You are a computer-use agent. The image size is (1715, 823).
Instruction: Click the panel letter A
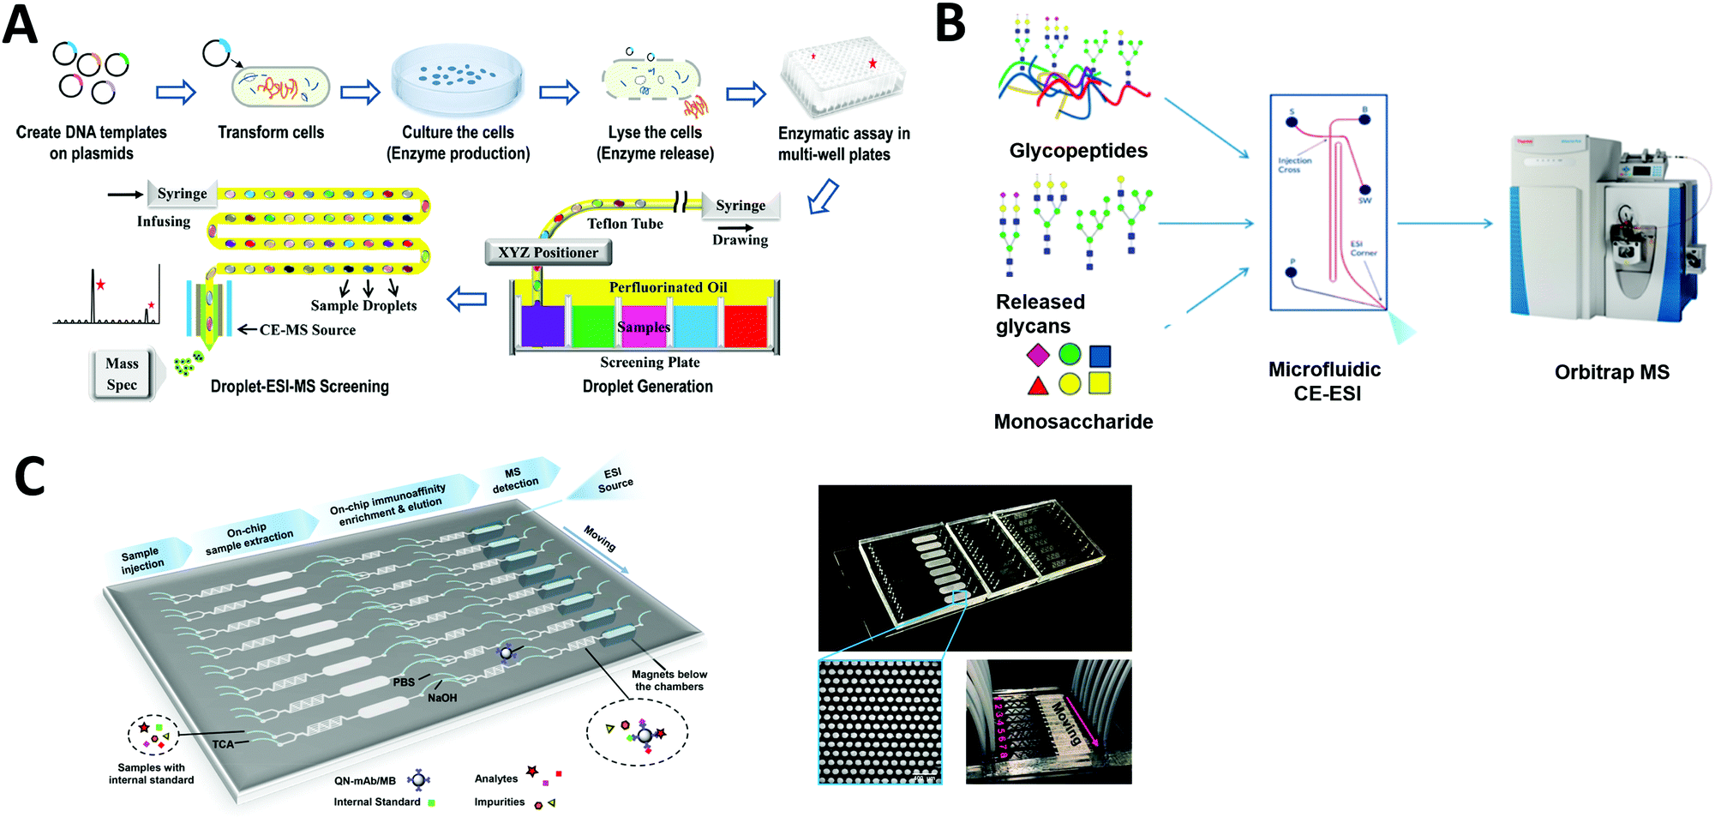coord(21,26)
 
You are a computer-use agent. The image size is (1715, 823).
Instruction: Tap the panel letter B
coord(950,24)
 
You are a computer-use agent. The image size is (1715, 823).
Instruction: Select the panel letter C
coord(31,477)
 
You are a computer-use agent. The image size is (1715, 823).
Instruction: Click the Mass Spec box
coord(122,375)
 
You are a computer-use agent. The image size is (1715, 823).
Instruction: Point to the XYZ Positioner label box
coord(549,252)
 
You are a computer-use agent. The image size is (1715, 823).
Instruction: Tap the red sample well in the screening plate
coord(745,326)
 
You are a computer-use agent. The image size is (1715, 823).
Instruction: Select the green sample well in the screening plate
coord(593,326)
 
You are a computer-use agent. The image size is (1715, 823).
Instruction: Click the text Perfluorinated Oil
coord(668,287)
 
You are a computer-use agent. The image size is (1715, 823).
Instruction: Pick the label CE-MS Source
coord(307,330)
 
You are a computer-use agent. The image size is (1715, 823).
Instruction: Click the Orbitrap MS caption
coord(1611,372)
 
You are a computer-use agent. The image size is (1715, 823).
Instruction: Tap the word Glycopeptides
coord(1078,151)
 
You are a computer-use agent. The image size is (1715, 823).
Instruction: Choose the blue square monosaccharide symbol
coord(1100,356)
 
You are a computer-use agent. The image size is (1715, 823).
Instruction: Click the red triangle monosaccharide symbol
coord(1038,385)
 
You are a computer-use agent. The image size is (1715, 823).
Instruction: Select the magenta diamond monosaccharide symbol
coord(1038,355)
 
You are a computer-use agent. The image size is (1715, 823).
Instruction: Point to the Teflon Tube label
coord(625,224)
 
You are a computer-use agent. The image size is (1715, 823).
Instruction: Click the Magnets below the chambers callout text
coord(669,681)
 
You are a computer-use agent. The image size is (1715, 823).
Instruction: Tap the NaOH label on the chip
coord(442,698)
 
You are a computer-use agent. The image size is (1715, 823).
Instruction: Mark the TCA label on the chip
coord(223,744)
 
